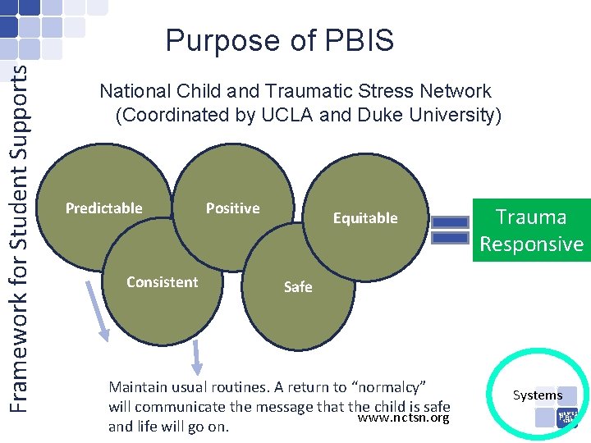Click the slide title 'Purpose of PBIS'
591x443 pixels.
[x=279, y=41]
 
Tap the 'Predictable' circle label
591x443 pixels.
[x=104, y=208]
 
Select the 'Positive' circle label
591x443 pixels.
[x=232, y=208]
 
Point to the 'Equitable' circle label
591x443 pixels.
[x=364, y=218]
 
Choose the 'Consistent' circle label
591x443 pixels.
[x=162, y=282]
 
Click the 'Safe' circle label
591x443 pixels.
[x=298, y=287]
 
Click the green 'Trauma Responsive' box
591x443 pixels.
[x=531, y=231]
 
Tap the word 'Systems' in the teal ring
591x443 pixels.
[x=538, y=395]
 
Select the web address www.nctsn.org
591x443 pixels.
[x=405, y=418]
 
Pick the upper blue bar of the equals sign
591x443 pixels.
[x=449, y=221]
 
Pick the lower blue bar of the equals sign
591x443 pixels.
[x=449, y=238]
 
